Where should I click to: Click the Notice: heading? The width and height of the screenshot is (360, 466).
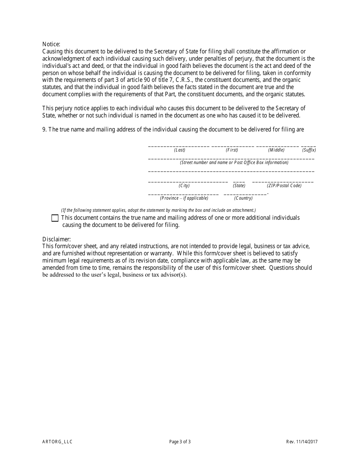[x=51, y=44]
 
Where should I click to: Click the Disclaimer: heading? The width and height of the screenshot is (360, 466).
[x=56, y=239]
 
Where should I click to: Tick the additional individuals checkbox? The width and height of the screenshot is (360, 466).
[x=55, y=218]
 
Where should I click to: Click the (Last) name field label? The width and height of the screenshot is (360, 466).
[x=180, y=150]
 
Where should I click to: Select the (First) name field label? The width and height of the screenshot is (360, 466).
[x=232, y=150]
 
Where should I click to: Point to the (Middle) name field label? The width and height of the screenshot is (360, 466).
[x=276, y=150]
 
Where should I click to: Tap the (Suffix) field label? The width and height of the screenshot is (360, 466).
[x=309, y=150]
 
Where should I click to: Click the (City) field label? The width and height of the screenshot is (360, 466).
[x=184, y=186]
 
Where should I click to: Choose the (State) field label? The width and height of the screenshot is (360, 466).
[x=239, y=186]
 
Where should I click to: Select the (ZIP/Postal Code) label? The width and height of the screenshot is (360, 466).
[x=284, y=186]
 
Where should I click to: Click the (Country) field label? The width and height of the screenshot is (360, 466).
[x=243, y=198]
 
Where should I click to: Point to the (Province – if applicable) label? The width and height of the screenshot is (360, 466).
[x=184, y=198]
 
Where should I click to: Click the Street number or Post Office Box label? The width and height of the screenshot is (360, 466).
[x=234, y=163]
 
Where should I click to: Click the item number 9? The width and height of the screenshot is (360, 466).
[x=44, y=130]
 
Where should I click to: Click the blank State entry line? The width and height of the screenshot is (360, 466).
[x=239, y=181]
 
